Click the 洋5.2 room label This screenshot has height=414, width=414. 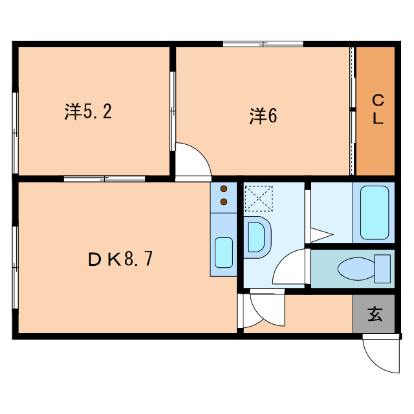pos(89,112)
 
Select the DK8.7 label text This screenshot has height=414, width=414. pos(120,259)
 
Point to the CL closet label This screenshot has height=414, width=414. pos(378,110)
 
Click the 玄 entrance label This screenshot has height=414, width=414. pos(375,314)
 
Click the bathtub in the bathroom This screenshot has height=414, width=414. pos(373,212)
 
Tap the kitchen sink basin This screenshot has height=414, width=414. pos(224,252)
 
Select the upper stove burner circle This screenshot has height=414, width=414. pos(224,190)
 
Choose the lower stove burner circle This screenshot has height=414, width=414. pos(224,202)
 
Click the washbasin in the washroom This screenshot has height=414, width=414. pos(257,237)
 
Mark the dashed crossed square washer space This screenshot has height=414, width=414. pos(259,198)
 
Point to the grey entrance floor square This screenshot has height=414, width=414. pos(374,315)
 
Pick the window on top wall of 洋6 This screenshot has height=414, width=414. pos(263,44)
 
